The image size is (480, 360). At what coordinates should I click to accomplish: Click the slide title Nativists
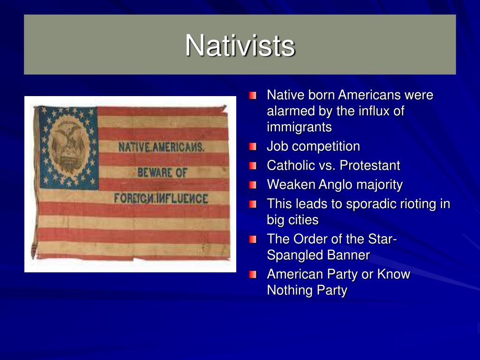tap(240, 45)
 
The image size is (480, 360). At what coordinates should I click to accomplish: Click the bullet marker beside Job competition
tap(254, 147)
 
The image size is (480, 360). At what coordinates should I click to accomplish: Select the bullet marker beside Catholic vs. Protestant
tap(254, 166)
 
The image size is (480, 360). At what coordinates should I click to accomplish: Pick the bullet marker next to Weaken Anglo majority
tap(254, 185)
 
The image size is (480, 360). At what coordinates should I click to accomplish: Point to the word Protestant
tap(370, 165)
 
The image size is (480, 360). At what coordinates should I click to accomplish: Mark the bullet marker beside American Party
tap(254, 275)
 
